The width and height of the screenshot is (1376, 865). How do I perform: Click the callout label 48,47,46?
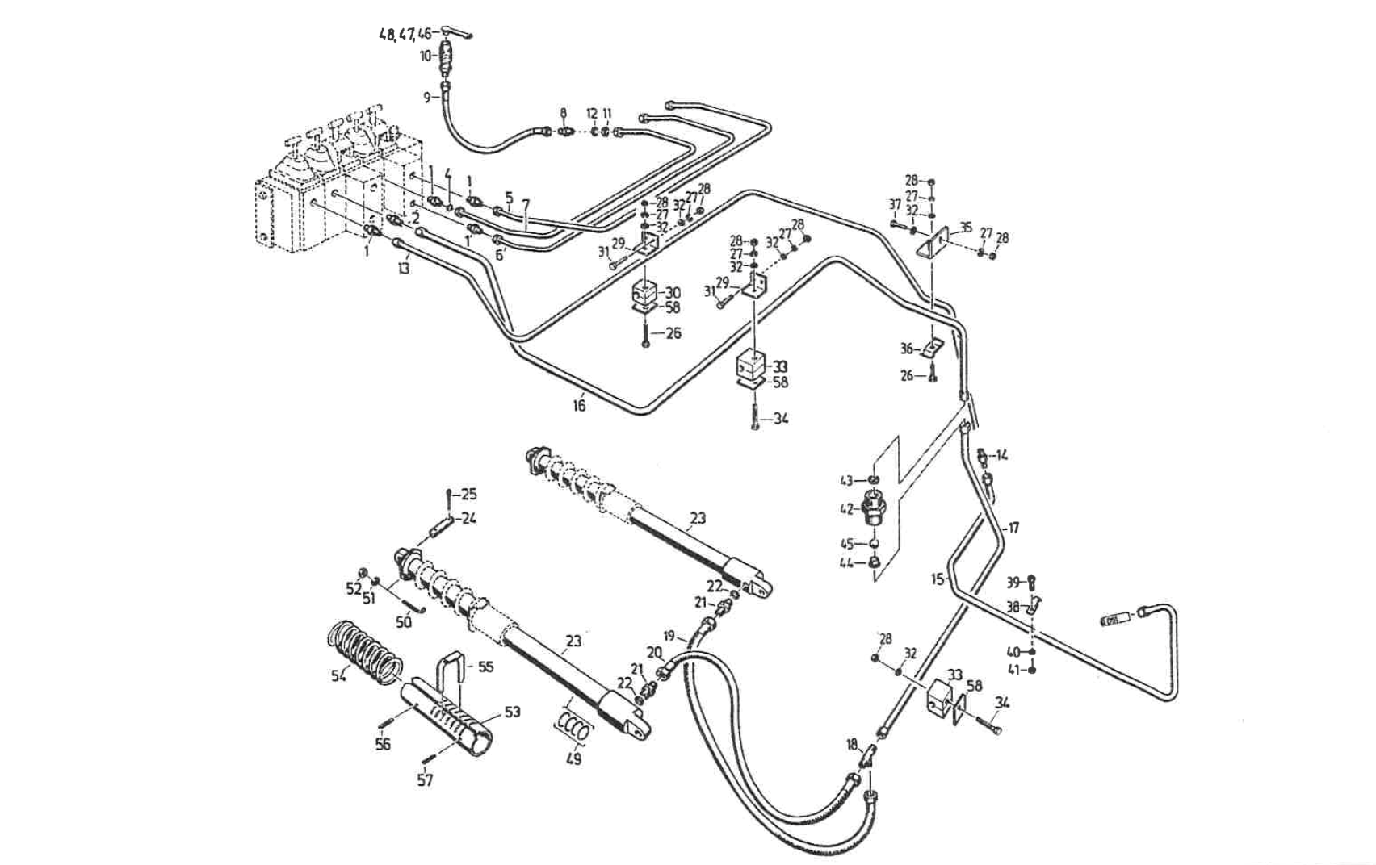406,35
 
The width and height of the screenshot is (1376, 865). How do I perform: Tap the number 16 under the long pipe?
579,406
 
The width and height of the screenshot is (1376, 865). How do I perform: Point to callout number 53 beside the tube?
513,712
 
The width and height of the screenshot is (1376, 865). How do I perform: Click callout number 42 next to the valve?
846,510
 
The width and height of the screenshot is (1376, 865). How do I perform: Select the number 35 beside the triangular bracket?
966,228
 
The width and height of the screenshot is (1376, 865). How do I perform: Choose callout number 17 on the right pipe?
1013,528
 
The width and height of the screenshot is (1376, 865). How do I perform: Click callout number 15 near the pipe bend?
938,579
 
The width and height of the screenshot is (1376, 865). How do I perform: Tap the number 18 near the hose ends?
852,745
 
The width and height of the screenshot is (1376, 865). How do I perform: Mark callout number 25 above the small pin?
468,494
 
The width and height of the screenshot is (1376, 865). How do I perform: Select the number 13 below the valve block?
403,267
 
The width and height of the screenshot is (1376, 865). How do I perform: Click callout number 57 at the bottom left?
425,779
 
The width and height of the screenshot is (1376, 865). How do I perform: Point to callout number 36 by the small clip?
907,349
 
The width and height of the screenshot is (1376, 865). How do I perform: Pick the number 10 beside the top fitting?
426,56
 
